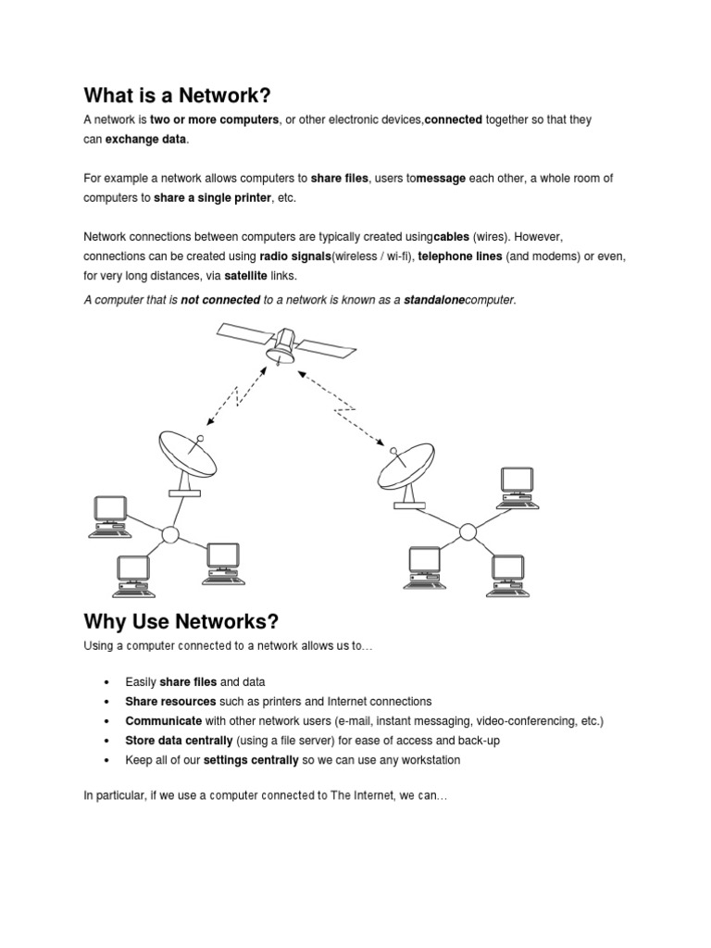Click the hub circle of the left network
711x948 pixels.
click(169, 535)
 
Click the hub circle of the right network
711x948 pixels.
click(468, 531)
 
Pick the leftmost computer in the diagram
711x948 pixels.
click(110, 515)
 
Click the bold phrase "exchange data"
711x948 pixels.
click(146, 139)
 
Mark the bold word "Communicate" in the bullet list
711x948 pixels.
click(164, 721)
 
